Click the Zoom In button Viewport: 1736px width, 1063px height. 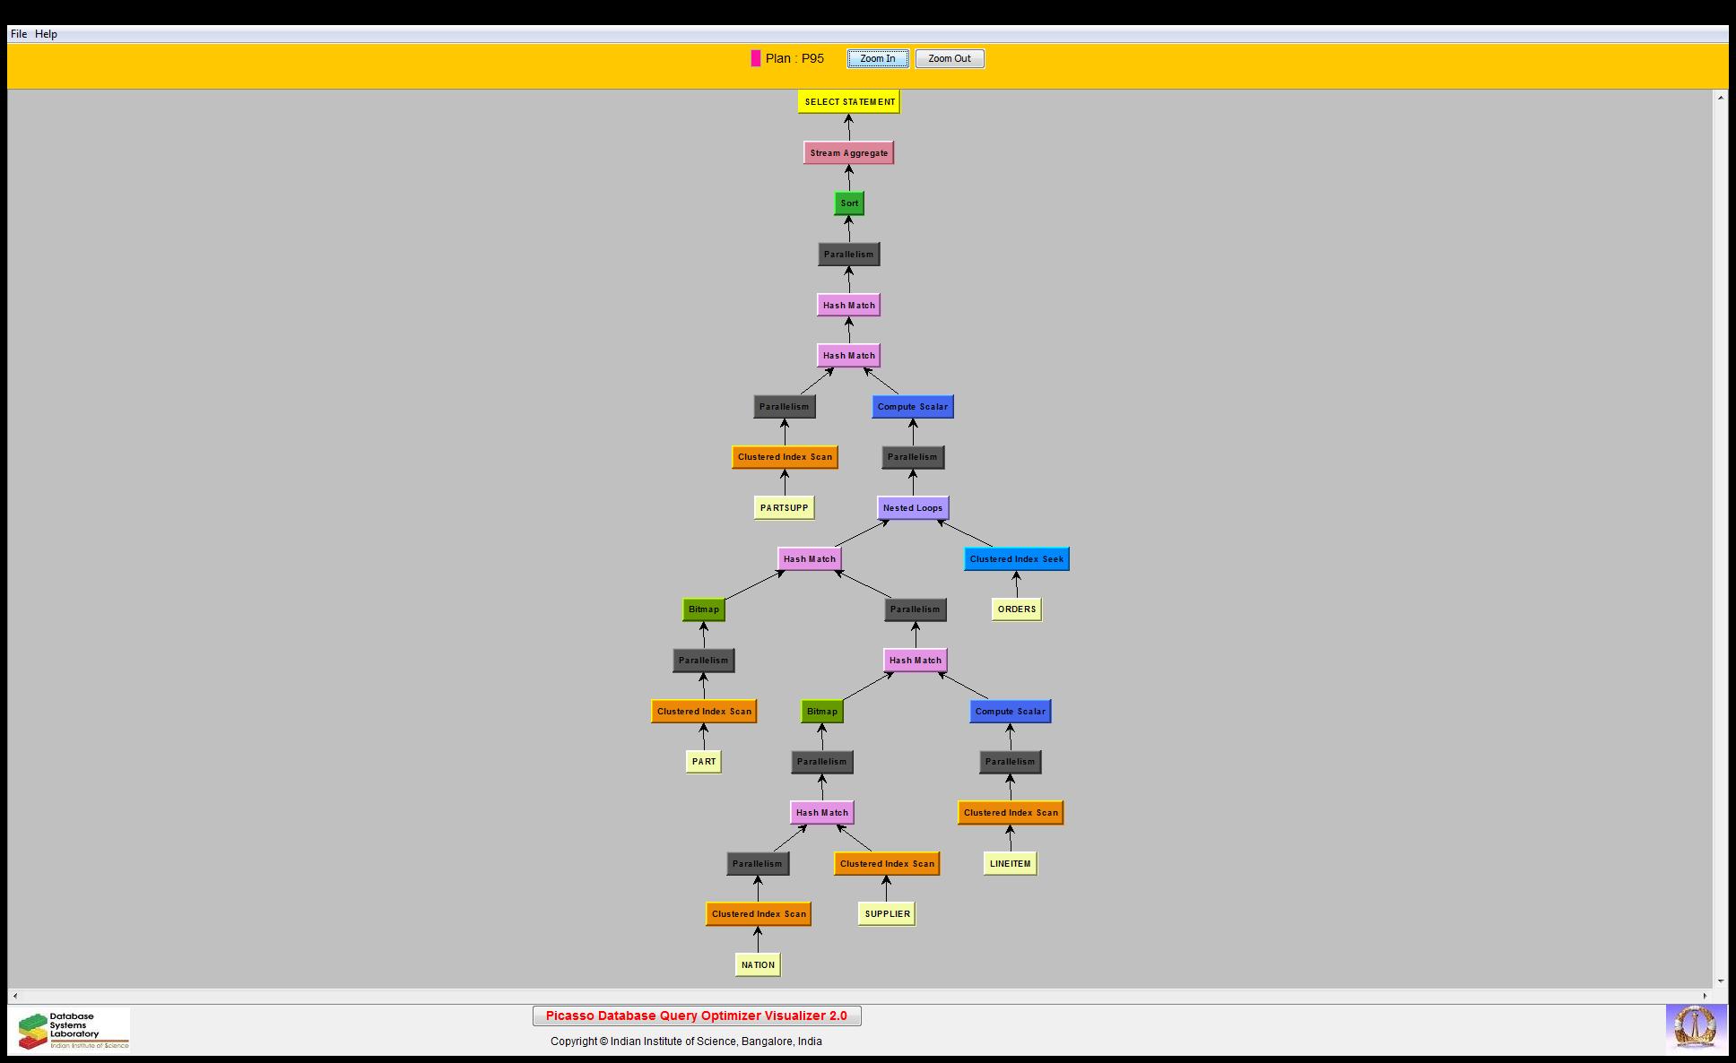877,59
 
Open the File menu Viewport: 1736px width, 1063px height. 19,34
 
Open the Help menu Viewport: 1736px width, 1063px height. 46,34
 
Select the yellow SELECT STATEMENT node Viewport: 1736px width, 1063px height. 849,102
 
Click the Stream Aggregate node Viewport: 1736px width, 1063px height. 848,153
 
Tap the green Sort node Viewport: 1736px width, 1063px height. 849,203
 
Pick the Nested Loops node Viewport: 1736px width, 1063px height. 912,508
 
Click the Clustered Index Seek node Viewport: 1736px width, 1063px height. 1016,559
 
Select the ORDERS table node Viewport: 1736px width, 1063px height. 1016,609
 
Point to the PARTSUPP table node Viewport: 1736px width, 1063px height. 784,508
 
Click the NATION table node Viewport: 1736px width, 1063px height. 758,965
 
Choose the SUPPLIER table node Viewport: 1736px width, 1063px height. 887,914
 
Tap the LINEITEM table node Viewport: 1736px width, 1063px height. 1010,864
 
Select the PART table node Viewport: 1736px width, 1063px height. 704,762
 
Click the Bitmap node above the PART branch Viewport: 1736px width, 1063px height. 704,609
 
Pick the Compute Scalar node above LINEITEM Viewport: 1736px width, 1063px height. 1010,712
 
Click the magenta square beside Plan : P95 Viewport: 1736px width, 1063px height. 756,59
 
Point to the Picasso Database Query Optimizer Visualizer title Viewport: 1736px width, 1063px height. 697,1016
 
